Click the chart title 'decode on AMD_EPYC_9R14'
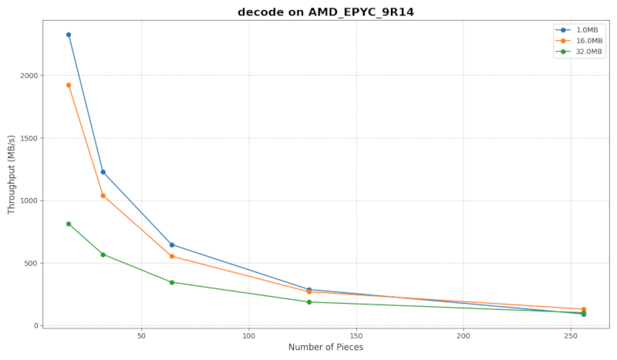pos(320,12)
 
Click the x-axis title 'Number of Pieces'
pos(325,347)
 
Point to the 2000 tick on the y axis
pos(27,76)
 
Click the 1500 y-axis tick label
pos(27,138)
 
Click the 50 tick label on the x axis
pos(141,336)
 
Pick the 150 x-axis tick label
pos(356,336)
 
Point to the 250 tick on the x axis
pos(571,336)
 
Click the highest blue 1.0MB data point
pos(69,35)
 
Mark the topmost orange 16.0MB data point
pos(69,86)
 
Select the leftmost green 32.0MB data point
pos(69,224)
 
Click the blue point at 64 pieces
pos(172,245)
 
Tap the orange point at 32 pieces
pos(103,196)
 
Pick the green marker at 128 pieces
pos(309,302)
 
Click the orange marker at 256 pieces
pos(584,309)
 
